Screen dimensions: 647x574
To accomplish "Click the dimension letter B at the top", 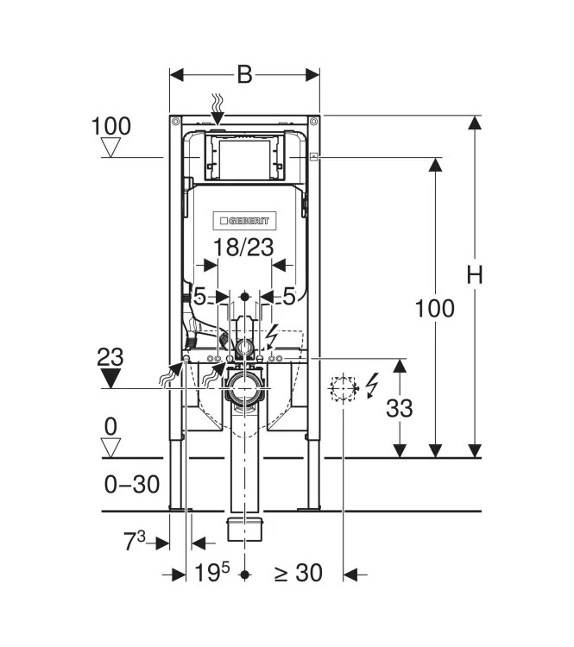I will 244,75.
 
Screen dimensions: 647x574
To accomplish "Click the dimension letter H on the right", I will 475,274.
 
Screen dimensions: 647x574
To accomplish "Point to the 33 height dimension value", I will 399,407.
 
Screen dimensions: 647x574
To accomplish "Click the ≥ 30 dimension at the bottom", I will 299,573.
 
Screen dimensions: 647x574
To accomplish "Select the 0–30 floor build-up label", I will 132,485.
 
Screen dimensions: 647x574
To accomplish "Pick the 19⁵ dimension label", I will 212,573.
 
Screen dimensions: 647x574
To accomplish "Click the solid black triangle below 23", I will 111,379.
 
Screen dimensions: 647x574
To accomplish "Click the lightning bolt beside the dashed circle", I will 373,385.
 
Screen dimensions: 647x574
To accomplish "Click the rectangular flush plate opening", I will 243,158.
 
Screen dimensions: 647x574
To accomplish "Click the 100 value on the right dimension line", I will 434,308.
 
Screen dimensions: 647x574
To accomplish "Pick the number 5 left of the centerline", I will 199,296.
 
